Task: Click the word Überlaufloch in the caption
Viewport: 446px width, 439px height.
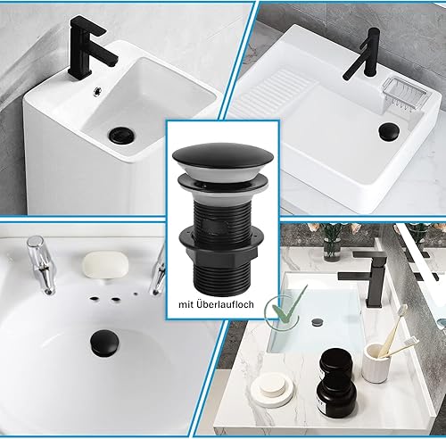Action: click(x=225, y=304)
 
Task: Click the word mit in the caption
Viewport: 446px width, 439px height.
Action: click(x=186, y=304)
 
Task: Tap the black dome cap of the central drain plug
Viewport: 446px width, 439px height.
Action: click(x=223, y=154)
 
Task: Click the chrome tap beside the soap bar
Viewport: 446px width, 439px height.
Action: click(x=42, y=264)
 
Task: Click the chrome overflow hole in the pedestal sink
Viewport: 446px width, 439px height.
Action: click(x=97, y=91)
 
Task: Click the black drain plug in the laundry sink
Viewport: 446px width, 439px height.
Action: click(x=390, y=130)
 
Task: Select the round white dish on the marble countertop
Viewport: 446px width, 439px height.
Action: click(x=272, y=390)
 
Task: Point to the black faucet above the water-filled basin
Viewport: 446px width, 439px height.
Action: click(x=364, y=279)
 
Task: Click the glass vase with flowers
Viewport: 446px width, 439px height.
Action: click(x=332, y=243)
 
